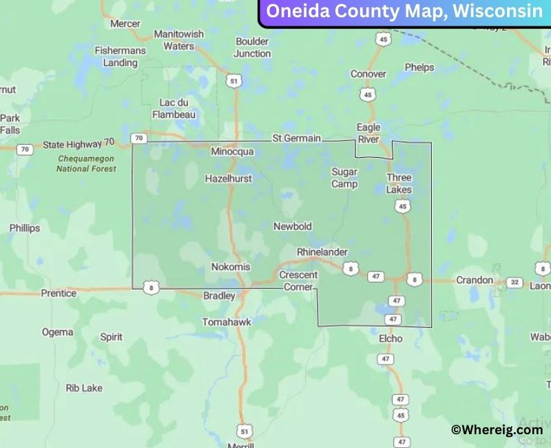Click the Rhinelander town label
pyautogui.click(x=322, y=252)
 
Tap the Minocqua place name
pyautogui.click(x=232, y=152)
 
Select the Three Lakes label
pyautogui.click(x=399, y=183)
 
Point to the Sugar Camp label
pyautogui.click(x=344, y=178)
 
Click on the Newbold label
pyautogui.click(x=293, y=227)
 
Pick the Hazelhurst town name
pyautogui.click(x=229, y=179)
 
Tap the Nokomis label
pyautogui.click(x=231, y=267)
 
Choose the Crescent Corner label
pyautogui.click(x=299, y=281)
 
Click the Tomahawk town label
pyautogui.click(x=227, y=322)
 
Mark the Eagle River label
pyautogui.click(x=368, y=133)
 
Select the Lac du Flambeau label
pyautogui.click(x=174, y=109)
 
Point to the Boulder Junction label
pyautogui.click(x=252, y=47)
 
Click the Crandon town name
pyautogui.click(x=475, y=280)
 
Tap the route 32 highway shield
pyautogui.click(x=514, y=282)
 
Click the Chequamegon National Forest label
pyautogui.click(x=86, y=163)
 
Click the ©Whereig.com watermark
pyautogui.click(x=497, y=429)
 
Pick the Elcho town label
pyautogui.click(x=391, y=338)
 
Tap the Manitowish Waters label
pyautogui.click(x=178, y=40)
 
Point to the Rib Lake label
pyautogui.click(x=84, y=388)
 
